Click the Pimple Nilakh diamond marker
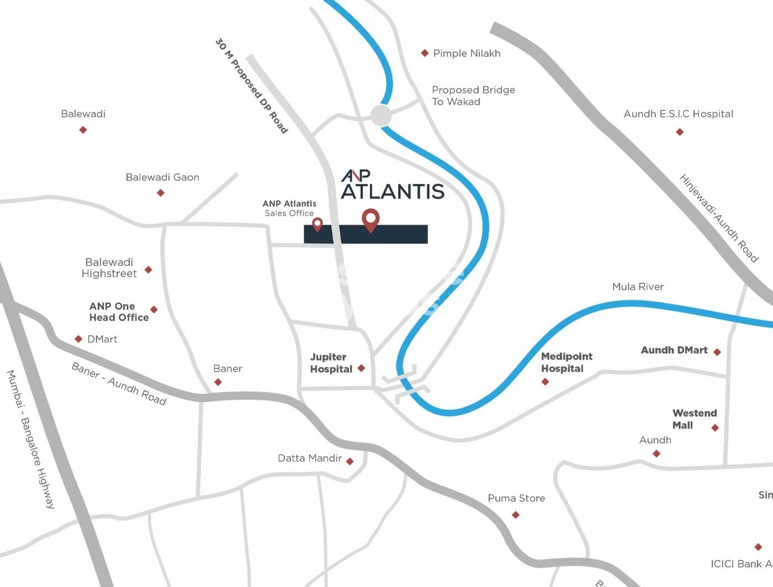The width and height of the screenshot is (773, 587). (x=425, y=53)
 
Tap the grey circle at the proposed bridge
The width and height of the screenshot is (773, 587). (x=381, y=115)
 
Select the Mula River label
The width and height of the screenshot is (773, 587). (x=638, y=287)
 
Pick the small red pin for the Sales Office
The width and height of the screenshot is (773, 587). (x=317, y=224)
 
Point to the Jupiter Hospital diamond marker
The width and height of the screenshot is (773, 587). (x=361, y=368)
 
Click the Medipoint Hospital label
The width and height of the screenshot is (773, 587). (x=566, y=362)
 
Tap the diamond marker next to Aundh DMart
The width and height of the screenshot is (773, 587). (x=717, y=352)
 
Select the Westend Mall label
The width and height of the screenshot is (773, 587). (x=694, y=419)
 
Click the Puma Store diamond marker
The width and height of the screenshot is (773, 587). (x=516, y=515)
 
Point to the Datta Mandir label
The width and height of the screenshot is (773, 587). (x=310, y=458)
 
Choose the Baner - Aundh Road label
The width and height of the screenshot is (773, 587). (x=119, y=384)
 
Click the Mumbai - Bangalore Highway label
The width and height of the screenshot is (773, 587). (x=31, y=439)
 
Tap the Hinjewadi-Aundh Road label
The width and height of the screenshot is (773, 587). (x=718, y=218)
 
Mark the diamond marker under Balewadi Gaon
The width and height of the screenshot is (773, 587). (x=161, y=193)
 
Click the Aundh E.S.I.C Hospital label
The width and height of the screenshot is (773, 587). (x=678, y=114)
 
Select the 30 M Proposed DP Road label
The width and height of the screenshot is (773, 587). (x=252, y=86)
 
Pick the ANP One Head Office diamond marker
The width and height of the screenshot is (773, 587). (x=154, y=310)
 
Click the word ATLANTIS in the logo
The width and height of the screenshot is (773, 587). (x=393, y=191)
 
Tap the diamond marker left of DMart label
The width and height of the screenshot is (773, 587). (x=78, y=339)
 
